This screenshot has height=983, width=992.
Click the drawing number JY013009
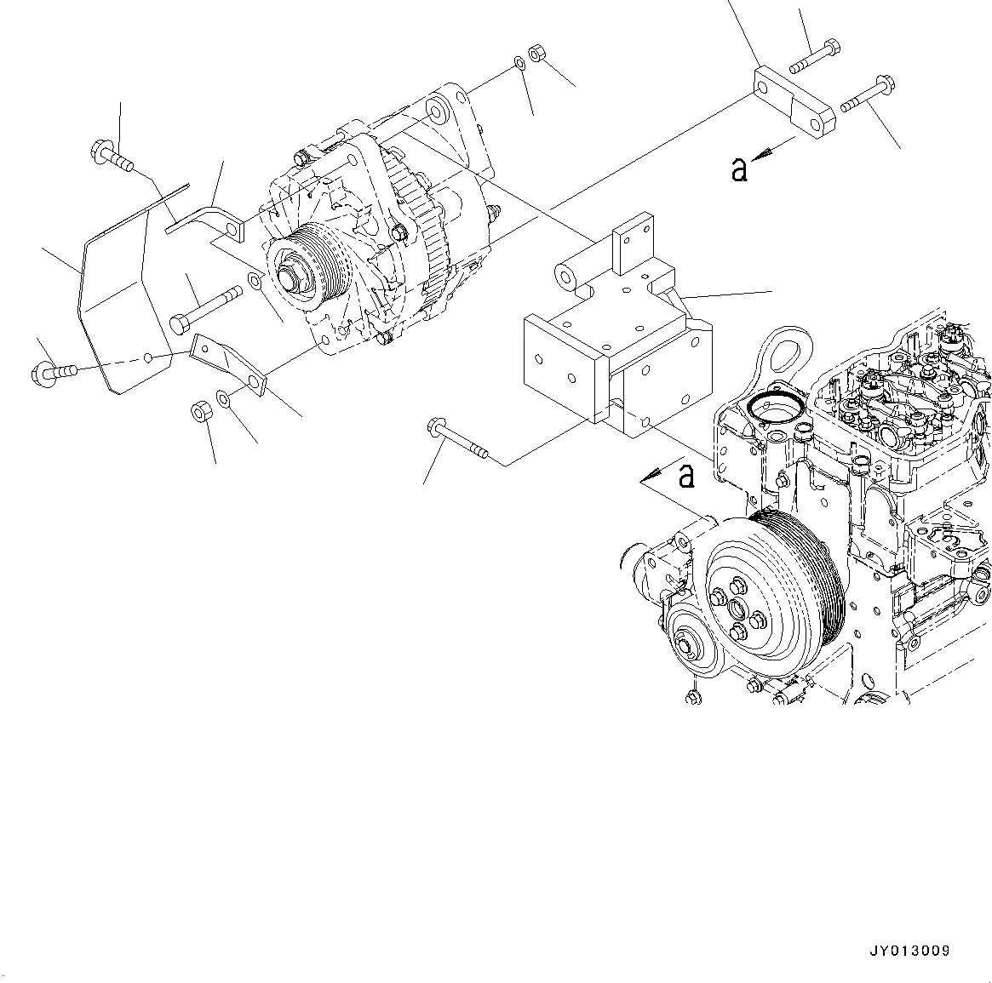click(910, 951)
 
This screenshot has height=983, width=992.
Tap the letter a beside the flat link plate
click(739, 169)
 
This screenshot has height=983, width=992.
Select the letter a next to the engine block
click(685, 476)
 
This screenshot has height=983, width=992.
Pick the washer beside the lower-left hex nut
click(223, 397)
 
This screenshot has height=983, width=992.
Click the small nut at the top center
click(537, 53)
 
